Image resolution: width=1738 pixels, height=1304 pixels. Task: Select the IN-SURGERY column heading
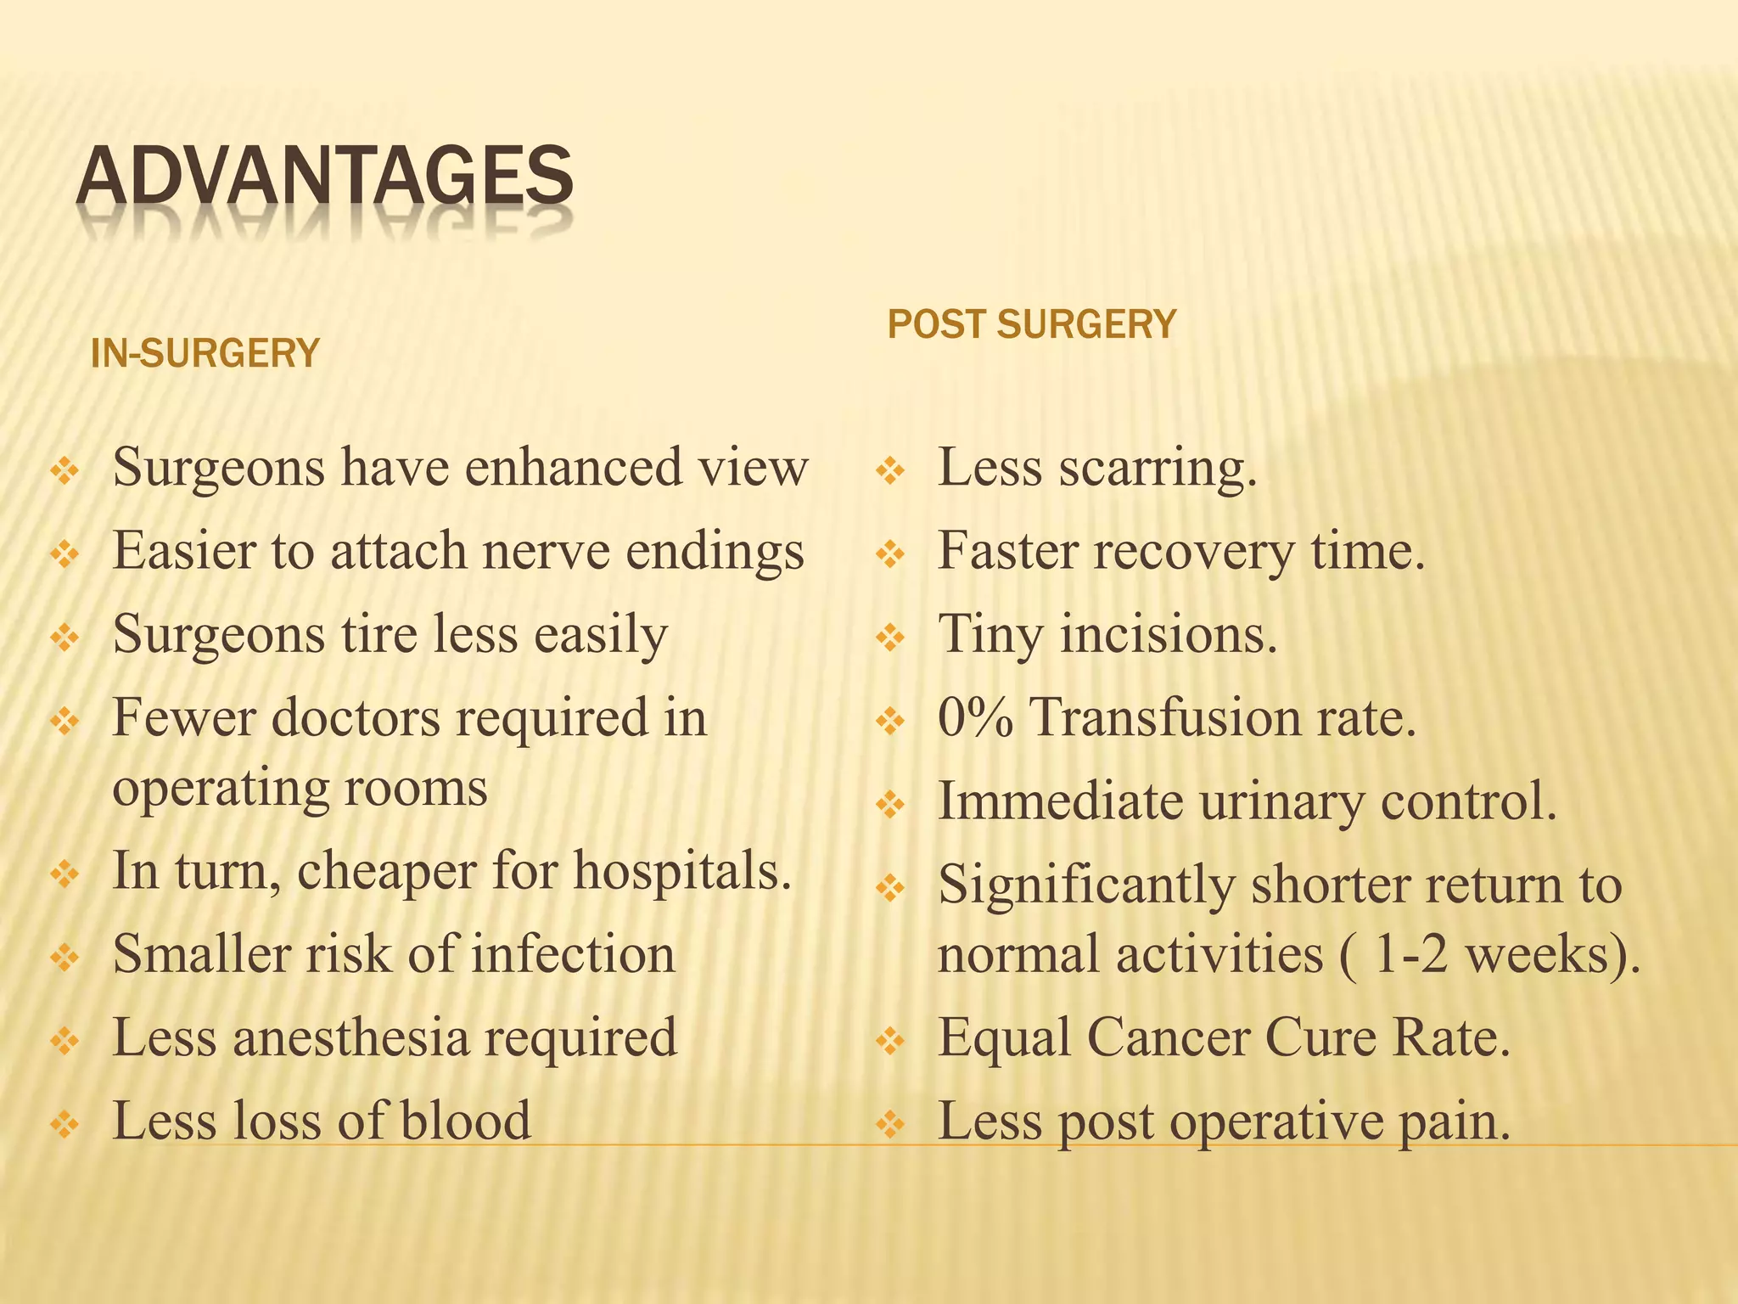(205, 353)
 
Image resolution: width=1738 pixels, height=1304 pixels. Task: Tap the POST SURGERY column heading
(1031, 324)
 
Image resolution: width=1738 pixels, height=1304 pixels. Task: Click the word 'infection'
(573, 953)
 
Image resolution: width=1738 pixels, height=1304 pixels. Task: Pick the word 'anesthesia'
(350, 1037)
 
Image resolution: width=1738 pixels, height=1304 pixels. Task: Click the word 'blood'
(465, 1121)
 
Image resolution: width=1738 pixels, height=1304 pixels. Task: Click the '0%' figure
(975, 717)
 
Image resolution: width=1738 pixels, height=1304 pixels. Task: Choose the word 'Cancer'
(1167, 1037)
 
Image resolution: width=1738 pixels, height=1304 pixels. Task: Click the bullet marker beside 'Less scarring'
(890, 469)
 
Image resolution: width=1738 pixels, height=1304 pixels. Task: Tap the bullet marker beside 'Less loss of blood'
(65, 1124)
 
